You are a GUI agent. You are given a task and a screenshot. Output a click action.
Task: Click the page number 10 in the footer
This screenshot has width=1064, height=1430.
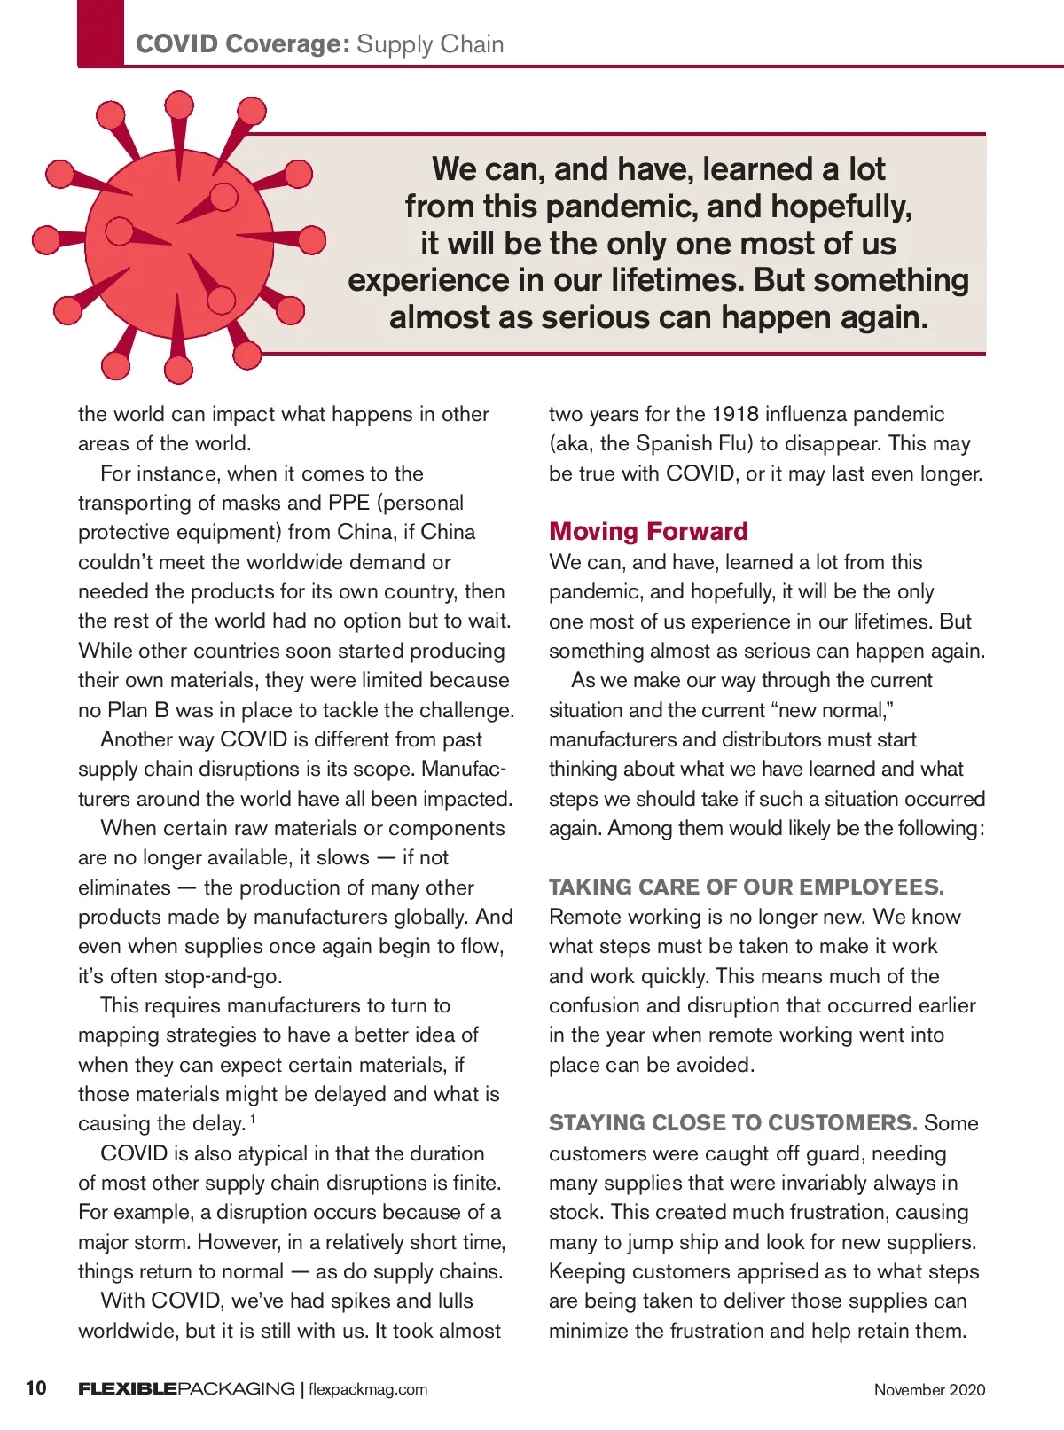[36, 1387]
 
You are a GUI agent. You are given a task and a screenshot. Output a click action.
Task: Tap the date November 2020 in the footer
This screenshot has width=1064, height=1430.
[929, 1389]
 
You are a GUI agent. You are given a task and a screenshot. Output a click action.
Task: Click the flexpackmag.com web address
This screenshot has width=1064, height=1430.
[368, 1389]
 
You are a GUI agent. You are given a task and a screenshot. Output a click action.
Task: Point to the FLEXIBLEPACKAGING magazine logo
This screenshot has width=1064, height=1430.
[186, 1388]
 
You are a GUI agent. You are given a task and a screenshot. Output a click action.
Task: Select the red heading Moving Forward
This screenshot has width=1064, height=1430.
[648, 531]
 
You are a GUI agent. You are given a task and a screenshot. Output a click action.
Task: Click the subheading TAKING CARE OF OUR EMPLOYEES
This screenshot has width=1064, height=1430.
[746, 887]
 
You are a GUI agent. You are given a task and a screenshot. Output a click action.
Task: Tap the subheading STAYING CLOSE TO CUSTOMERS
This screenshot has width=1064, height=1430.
[732, 1122]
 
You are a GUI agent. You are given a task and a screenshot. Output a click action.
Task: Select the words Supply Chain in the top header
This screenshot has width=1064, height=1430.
[430, 44]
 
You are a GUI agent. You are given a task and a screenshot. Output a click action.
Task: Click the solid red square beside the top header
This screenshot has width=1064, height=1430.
[101, 34]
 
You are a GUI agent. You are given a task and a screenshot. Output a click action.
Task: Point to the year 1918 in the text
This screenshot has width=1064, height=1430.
[735, 414]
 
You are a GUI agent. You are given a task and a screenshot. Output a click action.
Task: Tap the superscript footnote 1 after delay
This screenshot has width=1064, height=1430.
[253, 1119]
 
